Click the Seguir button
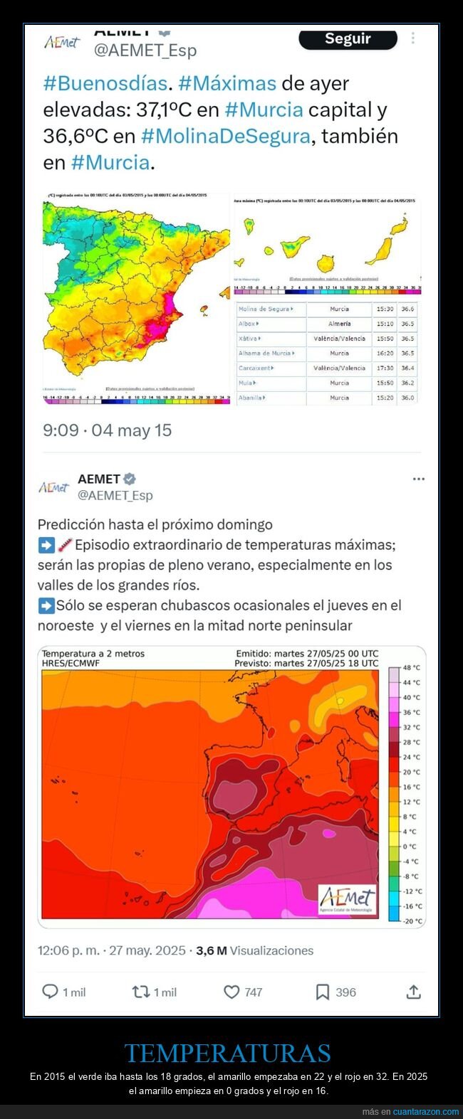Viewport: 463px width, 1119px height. tap(348, 39)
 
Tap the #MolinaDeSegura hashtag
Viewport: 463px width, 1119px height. tap(226, 136)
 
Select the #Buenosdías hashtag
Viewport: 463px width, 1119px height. tap(105, 83)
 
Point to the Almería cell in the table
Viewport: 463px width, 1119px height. tap(339, 324)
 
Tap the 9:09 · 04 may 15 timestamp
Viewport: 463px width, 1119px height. tap(107, 430)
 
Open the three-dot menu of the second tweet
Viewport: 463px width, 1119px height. tap(418, 479)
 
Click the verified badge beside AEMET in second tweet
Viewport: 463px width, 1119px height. tap(130, 479)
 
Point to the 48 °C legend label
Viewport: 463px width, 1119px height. tap(412, 668)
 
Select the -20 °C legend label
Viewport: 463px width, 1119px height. tap(412, 921)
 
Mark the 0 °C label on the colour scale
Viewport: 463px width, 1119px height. tap(410, 847)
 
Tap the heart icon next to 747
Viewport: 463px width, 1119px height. tap(231, 992)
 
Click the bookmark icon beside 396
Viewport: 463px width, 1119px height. tap(323, 992)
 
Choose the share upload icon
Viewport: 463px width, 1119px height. tap(414, 992)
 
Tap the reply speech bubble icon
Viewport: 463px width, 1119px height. tap(50, 992)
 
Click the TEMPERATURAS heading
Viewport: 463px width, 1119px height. tap(228, 1053)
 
